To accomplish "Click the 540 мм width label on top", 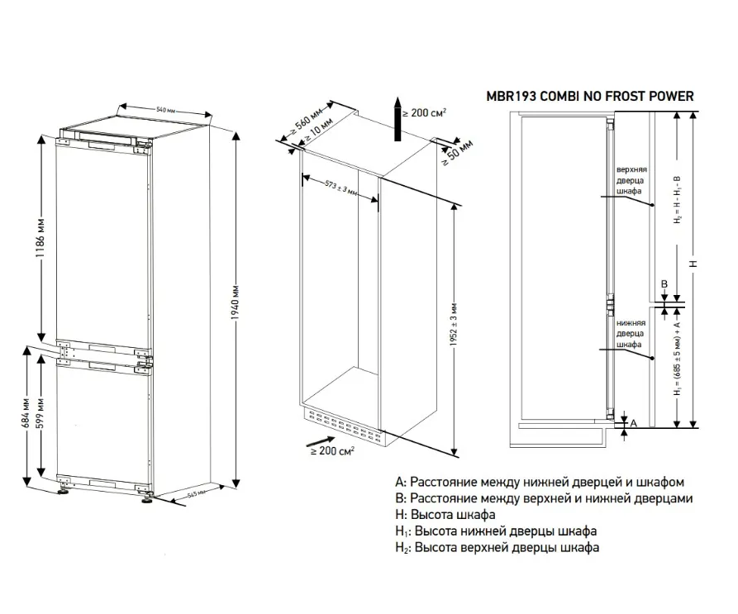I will coord(168,111).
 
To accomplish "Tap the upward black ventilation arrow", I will coord(398,120).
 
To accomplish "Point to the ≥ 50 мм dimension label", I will coord(456,153).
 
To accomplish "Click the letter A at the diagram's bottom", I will coord(633,423).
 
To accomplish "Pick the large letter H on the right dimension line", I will coord(693,263).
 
